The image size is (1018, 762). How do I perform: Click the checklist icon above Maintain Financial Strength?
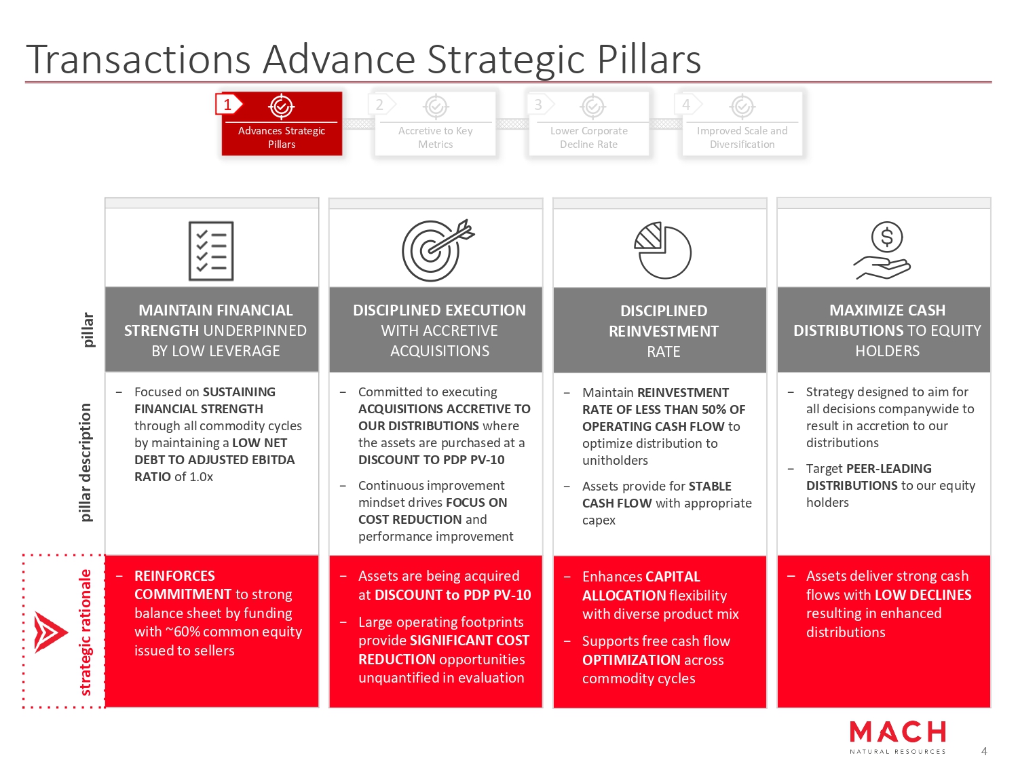[211, 251]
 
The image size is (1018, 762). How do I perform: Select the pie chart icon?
[662, 250]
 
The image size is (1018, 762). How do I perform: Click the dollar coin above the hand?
[887, 237]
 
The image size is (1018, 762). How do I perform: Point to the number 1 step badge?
[228, 104]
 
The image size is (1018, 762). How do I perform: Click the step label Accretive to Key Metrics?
[436, 137]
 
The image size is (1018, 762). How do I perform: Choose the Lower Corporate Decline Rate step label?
[588, 137]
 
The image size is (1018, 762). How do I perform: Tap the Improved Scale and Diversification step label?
[742, 137]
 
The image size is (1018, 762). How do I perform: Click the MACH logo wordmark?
[897, 732]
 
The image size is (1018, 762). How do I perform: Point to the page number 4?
[984, 751]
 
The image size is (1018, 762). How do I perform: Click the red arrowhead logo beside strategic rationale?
[50, 632]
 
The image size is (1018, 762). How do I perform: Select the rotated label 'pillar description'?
[86, 463]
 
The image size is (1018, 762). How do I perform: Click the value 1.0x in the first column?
[201, 476]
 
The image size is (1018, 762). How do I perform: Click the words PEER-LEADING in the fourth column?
[888, 469]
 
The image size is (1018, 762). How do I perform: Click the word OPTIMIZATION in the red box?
[631, 660]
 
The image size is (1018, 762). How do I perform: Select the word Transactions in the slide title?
[138, 59]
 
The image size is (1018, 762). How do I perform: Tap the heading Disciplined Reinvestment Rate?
[664, 331]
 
